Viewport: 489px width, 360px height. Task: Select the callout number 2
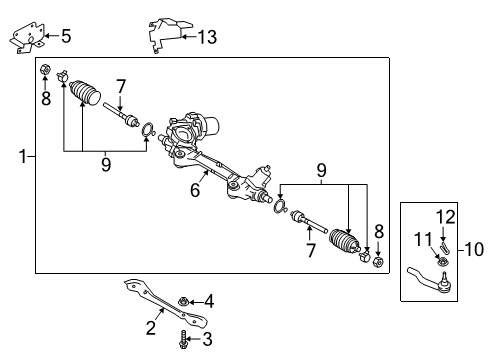(x=150, y=326)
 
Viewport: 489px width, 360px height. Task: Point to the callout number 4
(x=208, y=300)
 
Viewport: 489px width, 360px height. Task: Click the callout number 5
(x=66, y=38)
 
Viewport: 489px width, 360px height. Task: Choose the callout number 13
(x=207, y=38)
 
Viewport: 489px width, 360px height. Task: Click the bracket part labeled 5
(x=27, y=38)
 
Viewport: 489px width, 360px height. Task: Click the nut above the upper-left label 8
(x=45, y=70)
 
